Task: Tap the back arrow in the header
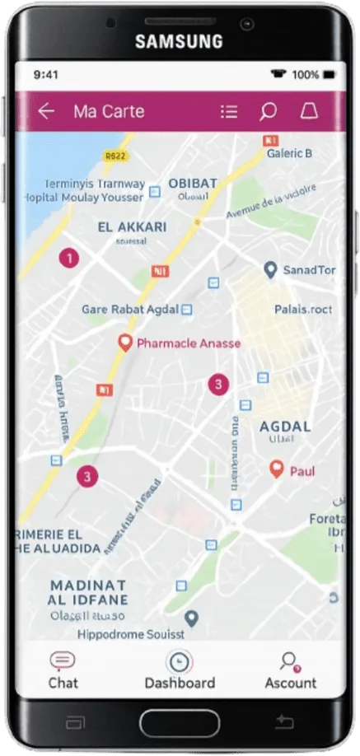pyautogui.click(x=46, y=111)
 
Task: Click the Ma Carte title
pyautogui.click(x=109, y=111)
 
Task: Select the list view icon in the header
pyautogui.click(x=229, y=111)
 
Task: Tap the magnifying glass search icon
pyautogui.click(x=268, y=111)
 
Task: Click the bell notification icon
pyautogui.click(x=308, y=111)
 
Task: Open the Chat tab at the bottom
pyautogui.click(x=63, y=670)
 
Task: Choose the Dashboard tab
pyautogui.click(x=179, y=670)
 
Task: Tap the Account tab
pyautogui.click(x=290, y=670)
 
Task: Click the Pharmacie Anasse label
pyautogui.click(x=189, y=343)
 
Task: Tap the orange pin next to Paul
pyautogui.click(x=278, y=469)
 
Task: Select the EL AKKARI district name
pyautogui.click(x=132, y=226)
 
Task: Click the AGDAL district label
pyautogui.click(x=285, y=427)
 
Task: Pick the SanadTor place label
pyautogui.click(x=309, y=270)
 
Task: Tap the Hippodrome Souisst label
pyautogui.click(x=131, y=635)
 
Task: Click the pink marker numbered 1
pyautogui.click(x=70, y=259)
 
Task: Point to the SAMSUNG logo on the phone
pyautogui.click(x=179, y=41)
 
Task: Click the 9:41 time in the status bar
pyautogui.click(x=46, y=74)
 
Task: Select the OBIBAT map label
pyautogui.click(x=194, y=183)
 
